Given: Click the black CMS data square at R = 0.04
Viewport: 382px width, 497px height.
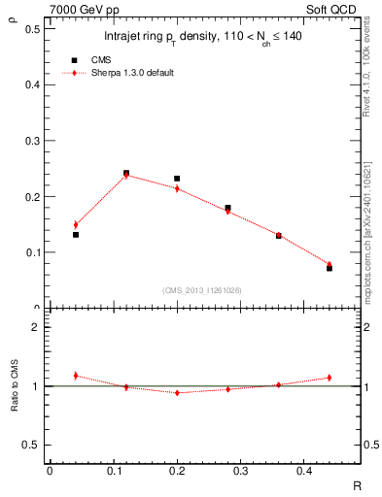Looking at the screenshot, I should [76, 235].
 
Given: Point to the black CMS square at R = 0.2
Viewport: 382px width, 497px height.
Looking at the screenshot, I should [177, 179].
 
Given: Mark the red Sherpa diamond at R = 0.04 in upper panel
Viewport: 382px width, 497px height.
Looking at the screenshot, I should [76, 224].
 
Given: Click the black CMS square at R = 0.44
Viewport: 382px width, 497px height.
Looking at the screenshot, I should [330, 268].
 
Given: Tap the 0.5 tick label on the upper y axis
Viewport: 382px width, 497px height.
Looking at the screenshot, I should [32, 29].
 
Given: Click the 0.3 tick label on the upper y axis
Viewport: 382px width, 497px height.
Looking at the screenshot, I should [32, 141].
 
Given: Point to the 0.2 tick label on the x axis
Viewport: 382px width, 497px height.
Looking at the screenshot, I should [177, 471].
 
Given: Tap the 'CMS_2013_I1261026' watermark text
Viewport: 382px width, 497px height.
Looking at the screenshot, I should [202, 289].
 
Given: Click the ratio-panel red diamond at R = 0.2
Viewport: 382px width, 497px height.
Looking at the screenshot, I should [177, 392].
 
